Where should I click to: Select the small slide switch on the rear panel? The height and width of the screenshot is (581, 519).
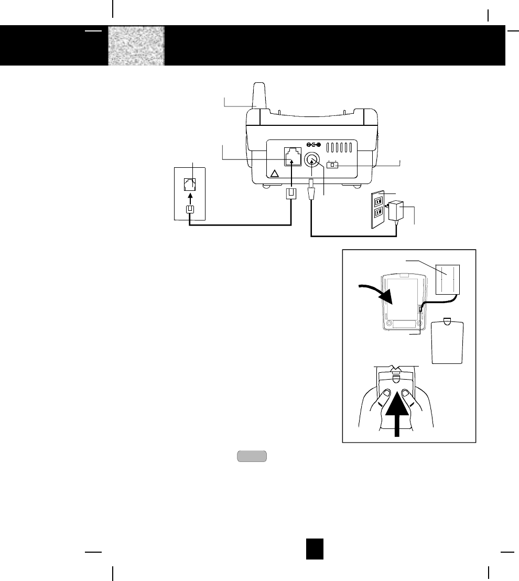click(x=333, y=165)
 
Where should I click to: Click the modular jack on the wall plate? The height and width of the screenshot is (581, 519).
click(x=189, y=185)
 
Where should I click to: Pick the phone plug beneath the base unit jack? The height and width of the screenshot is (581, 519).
click(x=291, y=193)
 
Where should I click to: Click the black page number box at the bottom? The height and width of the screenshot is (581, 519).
click(x=315, y=548)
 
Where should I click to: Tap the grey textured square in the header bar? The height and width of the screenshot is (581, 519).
click(x=136, y=46)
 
